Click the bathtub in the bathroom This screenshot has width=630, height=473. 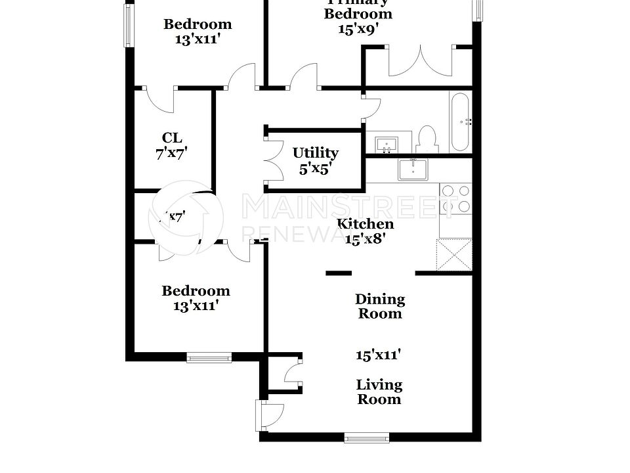point(460,122)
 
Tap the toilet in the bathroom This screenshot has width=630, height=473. point(427,139)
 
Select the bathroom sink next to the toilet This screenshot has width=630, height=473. point(387,143)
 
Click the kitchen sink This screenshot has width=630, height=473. point(413,169)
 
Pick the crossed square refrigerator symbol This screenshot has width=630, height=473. point(454,256)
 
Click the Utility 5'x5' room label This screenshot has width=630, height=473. point(316,160)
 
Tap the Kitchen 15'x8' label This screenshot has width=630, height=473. point(366,231)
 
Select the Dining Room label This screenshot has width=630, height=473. point(380,306)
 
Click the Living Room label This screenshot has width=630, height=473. point(379,392)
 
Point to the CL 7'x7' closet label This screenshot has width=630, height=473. point(172,145)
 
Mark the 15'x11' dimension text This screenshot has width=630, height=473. point(379,355)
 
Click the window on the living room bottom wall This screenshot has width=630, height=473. point(366,438)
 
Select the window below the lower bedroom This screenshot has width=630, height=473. point(209,358)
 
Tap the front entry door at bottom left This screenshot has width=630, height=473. point(270,413)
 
